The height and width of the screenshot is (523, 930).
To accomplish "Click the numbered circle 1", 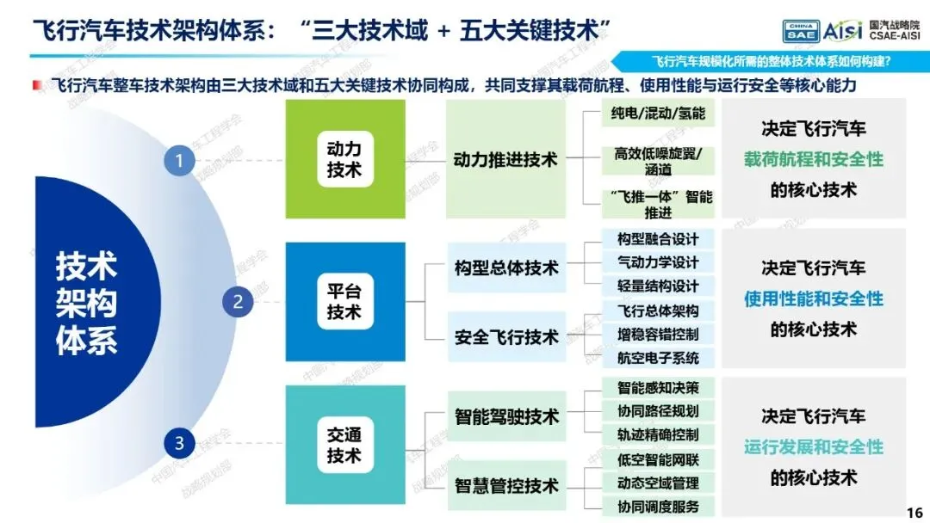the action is (179, 160).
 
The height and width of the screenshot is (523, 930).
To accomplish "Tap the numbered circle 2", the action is (239, 301).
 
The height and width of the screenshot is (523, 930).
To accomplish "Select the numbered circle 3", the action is (179, 444).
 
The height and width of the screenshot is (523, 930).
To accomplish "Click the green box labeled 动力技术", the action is (344, 160).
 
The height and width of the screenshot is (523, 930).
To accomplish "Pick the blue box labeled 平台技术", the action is (344, 301).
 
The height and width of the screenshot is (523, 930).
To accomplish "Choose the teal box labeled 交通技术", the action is (344, 444).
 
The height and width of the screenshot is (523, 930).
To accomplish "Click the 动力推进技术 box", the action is (505, 160).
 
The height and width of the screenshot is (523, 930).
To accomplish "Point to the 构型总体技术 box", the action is (506, 268).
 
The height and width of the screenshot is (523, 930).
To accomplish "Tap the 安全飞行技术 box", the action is (506, 337).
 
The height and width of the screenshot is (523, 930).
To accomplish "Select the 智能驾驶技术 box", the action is (506, 417).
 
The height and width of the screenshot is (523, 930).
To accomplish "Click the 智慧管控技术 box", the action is (506, 486).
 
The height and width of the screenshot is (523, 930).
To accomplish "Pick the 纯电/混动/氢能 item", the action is (657, 113).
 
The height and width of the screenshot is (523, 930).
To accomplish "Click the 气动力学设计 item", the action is (657, 262).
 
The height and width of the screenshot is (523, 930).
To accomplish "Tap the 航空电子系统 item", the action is (657, 358).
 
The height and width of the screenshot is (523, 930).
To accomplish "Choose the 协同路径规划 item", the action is (657, 410).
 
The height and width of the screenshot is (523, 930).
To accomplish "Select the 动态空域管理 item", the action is (657, 483).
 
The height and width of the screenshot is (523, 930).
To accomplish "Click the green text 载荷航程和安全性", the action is (814, 160).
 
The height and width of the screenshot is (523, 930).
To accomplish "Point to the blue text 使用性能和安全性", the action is (814, 299).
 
